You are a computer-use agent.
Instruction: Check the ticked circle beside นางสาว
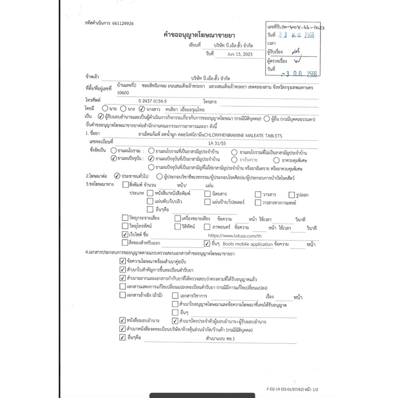(x=142, y=107)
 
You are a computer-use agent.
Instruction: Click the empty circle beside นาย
(x=105, y=107)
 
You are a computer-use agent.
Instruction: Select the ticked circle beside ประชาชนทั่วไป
(x=117, y=176)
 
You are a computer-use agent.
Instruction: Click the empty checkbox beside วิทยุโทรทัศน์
(x=125, y=226)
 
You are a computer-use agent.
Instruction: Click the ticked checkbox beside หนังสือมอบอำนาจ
(x=122, y=320)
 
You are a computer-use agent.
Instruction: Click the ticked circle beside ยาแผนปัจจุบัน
(x=114, y=158)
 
